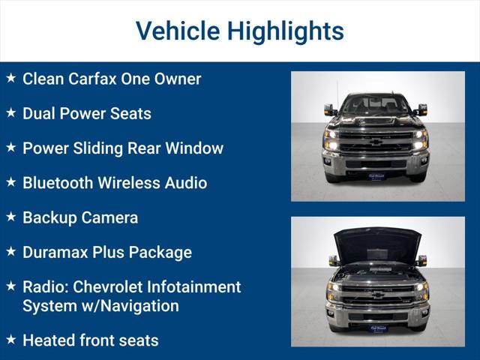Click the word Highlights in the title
click(x=286, y=31)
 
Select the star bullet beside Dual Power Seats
click(x=10, y=113)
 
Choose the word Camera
click(x=111, y=217)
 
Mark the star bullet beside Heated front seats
click(x=10, y=340)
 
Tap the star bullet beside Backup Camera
click(x=10, y=217)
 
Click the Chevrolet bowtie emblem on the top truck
click(x=376, y=141)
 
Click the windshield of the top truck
click(x=376, y=104)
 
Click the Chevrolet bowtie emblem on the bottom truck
click(x=376, y=294)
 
